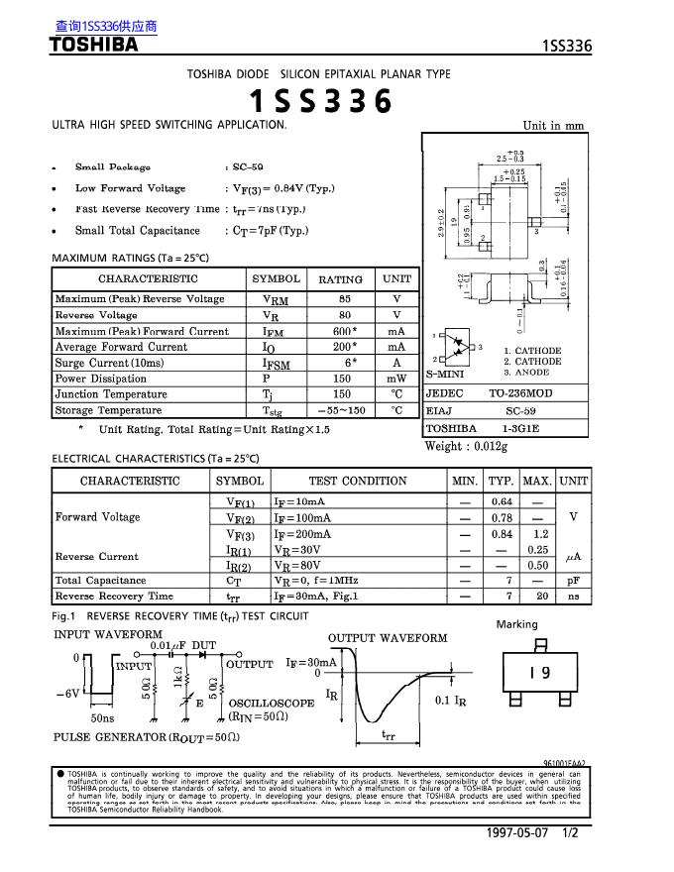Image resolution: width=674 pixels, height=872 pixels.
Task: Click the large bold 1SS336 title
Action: [x=319, y=102]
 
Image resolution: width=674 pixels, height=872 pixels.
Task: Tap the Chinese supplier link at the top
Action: [x=106, y=27]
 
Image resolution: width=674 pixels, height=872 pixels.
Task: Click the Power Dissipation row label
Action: [x=100, y=379]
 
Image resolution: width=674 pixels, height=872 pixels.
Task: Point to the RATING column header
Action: [x=340, y=279]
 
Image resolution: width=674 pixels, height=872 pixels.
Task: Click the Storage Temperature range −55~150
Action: [x=341, y=410]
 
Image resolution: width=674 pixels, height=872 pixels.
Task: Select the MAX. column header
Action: [x=537, y=481]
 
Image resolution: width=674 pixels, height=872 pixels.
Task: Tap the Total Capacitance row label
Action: [x=100, y=581]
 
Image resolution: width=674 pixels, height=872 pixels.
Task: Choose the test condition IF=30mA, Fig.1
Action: [x=315, y=597]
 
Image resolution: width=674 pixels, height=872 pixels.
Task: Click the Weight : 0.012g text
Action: [x=465, y=446]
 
